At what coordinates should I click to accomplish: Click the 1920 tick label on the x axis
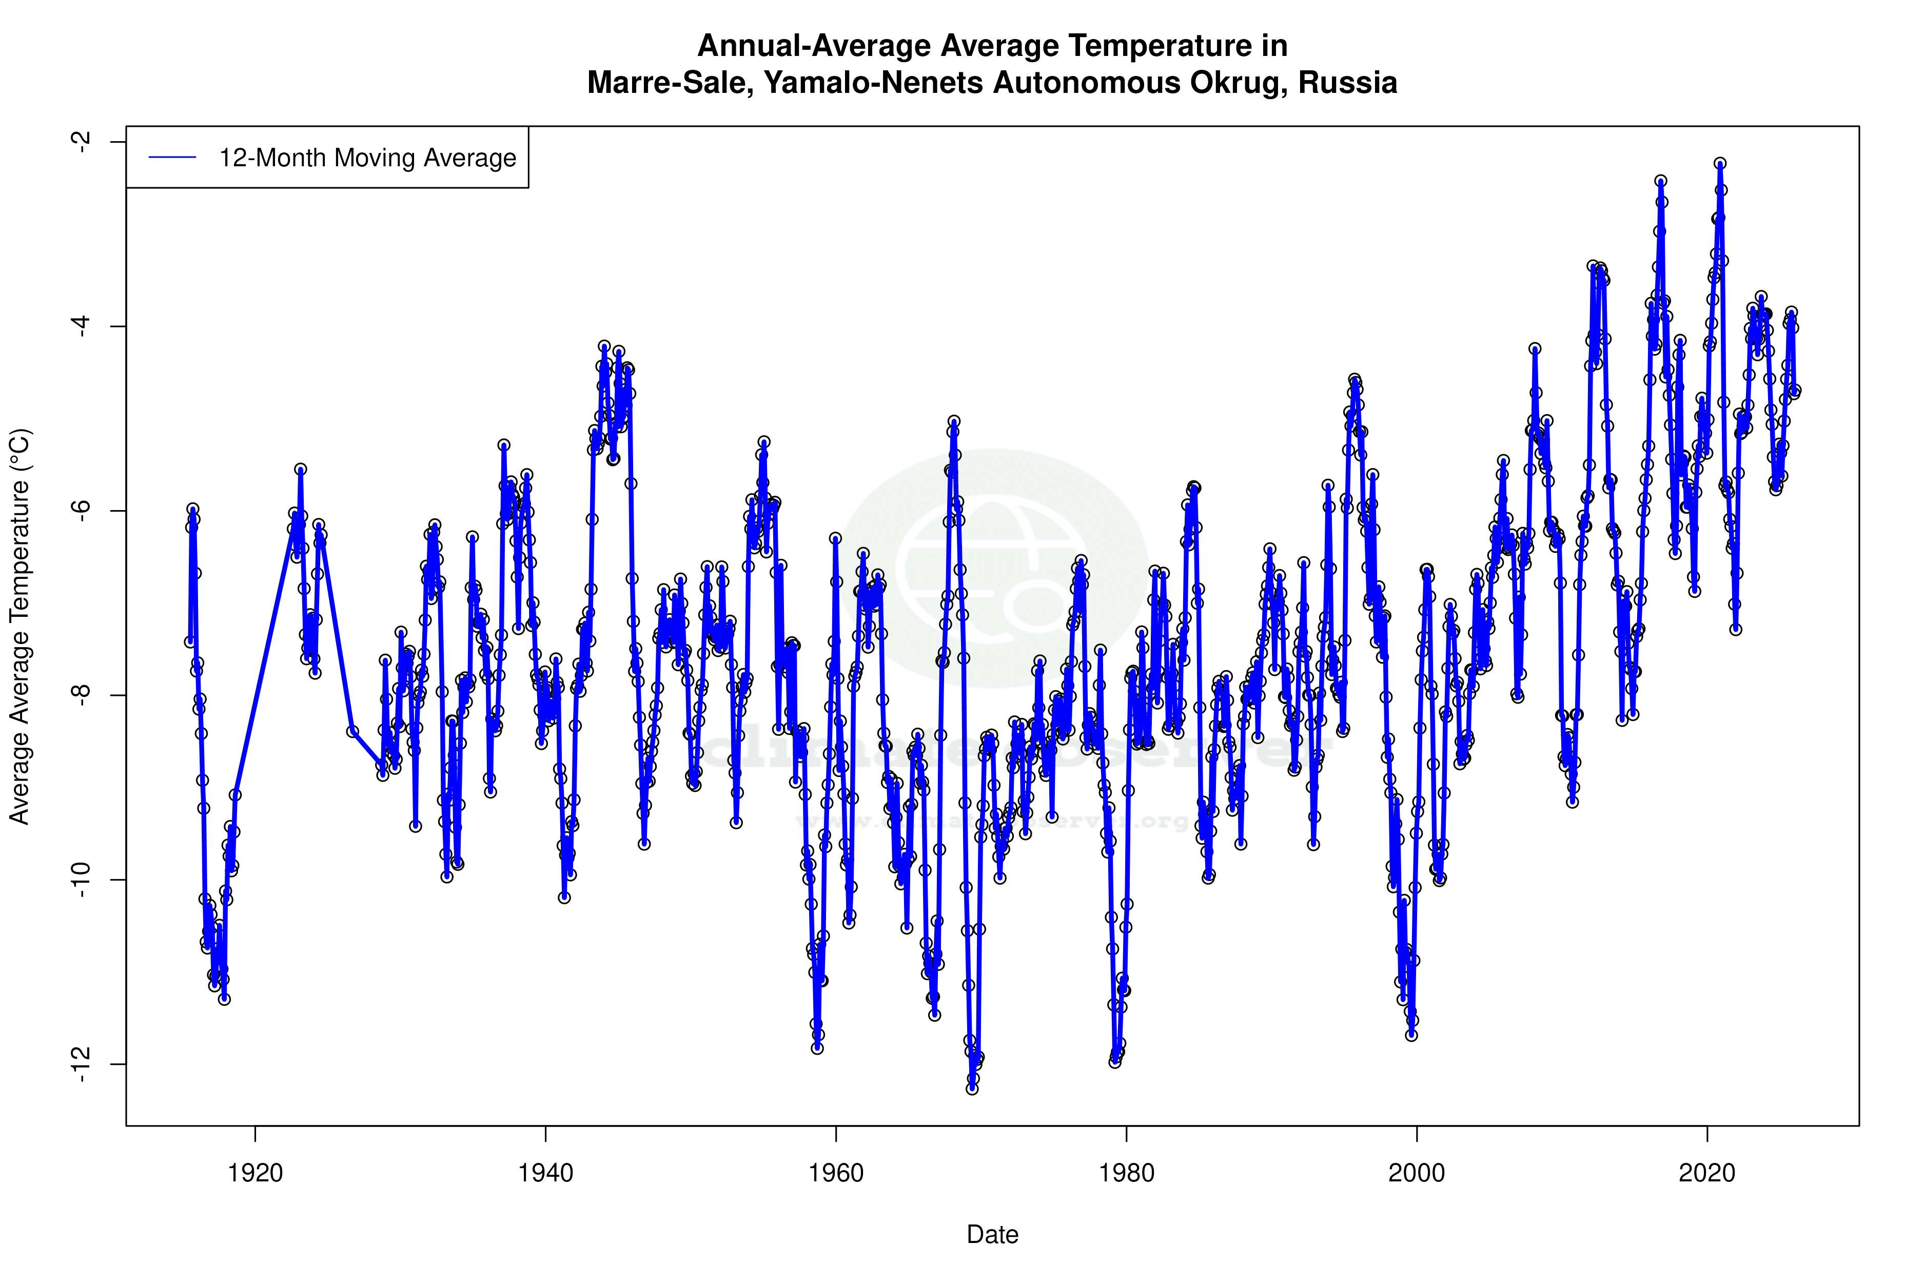click(x=255, y=1173)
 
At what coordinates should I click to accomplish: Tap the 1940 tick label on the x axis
click(x=545, y=1173)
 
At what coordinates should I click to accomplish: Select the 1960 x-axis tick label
click(x=836, y=1173)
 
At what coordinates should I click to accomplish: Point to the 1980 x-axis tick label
click(x=1126, y=1173)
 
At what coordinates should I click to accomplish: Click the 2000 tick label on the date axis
click(x=1417, y=1173)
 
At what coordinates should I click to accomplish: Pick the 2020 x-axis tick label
click(x=1707, y=1173)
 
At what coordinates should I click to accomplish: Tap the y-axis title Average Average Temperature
click(x=19, y=626)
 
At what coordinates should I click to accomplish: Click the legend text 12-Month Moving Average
click(x=367, y=158)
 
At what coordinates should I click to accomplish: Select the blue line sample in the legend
click(x=172, y=158)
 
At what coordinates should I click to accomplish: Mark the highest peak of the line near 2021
click(x=1720, y=164)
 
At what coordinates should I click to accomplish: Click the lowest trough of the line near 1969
click(x=972, y=1088)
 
